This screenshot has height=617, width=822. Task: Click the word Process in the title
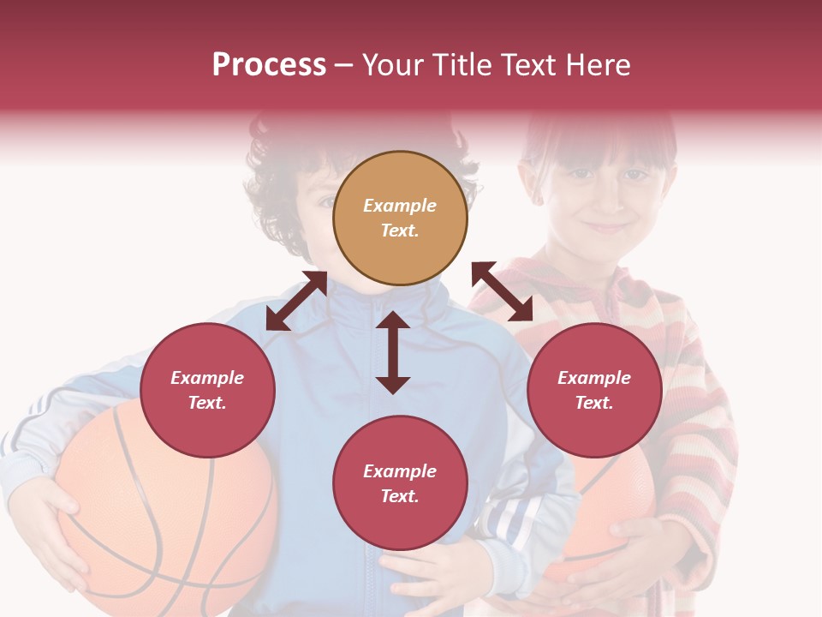pyautogui.click(x=269, y=65)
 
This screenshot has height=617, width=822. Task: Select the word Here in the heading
pyautogui.click(x=597, y=65)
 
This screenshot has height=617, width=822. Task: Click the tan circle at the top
pyautogui.click(x=400, y=219)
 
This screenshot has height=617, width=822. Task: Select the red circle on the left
pyautogui.click(x=207, y=390)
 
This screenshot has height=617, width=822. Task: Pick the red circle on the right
pyautogui.click(x=594, y=390)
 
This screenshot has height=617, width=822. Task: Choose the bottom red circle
pyautogui.click(x=400, y=483)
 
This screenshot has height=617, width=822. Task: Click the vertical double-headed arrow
pyautogui.click(x=393, y=352)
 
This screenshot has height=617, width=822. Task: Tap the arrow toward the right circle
pyautogui.click(x=503, y=291)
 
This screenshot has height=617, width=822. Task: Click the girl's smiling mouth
pyautogui.click(x=606, y=227)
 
